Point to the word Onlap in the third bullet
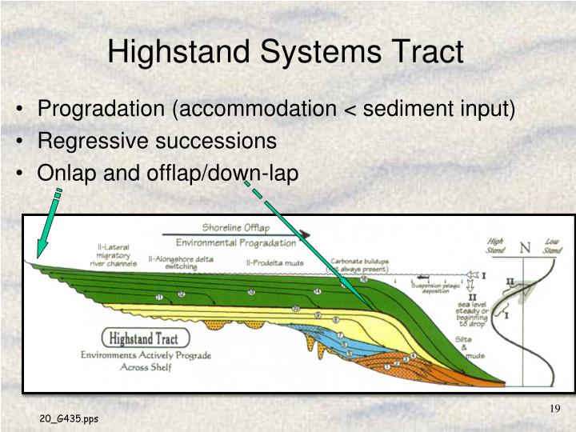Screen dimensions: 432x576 [66, 173]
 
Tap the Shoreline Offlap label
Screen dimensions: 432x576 [235, 226]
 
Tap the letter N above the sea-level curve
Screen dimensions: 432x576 [525, 246]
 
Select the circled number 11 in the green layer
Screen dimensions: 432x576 [160, 298]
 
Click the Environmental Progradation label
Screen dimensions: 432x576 [235, 242]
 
